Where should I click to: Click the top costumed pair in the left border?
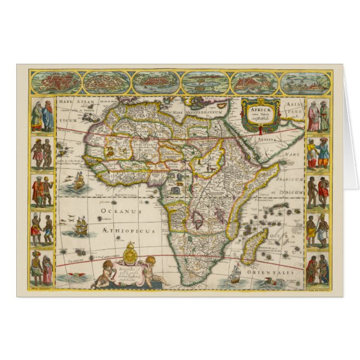(x=42, y=116)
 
